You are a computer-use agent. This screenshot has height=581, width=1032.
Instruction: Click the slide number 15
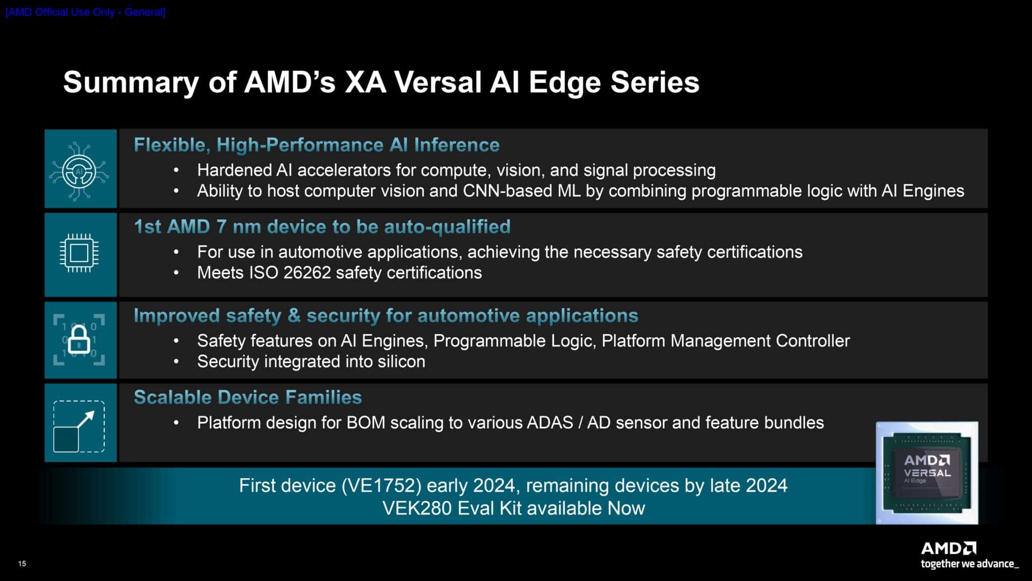pyautogui.click(x=22, y=563)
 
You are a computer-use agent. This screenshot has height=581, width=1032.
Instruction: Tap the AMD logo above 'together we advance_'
pyautogui.click(x=948, y=548)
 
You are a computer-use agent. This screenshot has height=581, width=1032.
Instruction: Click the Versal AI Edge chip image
pyautogui.click(x=927, y=473)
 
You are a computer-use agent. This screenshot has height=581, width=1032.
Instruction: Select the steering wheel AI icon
pyautogui.click(x=79, y=171)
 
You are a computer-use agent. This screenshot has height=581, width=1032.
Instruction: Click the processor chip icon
pyautogui.click(x=79, y=253)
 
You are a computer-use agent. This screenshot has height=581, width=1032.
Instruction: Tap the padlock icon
pyautogui.click(x=79, y=339)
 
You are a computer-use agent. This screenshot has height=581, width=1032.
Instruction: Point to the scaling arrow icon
pyautogui.click(x=79, y=426)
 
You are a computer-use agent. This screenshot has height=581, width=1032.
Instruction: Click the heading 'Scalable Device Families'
pyautogui.click(x=247, y=397)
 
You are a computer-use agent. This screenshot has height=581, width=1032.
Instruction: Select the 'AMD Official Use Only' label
pyautogui.click(x=85, y=12)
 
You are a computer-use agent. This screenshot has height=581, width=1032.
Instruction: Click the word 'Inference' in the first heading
pyautogui.click(x=457, y=145)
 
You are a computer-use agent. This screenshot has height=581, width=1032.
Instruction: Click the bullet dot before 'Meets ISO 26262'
pyautogui.click(x=176, y=273)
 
